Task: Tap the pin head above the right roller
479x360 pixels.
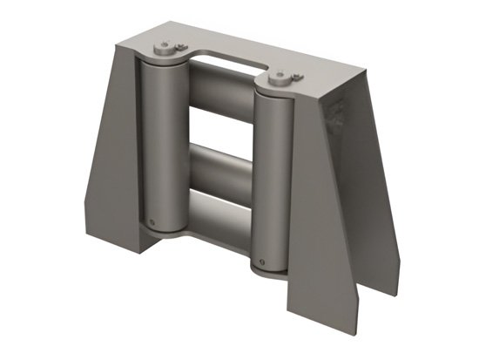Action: tap(280, 78)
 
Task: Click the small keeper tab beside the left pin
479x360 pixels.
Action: tap(179, 47)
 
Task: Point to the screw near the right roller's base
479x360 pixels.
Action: tap(259, 258)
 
